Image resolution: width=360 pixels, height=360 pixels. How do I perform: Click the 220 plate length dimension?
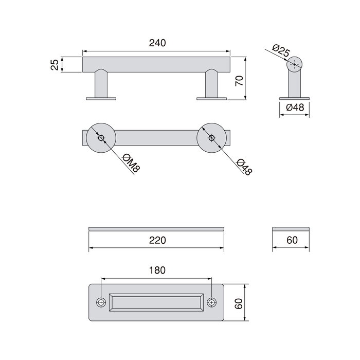coord(157,240)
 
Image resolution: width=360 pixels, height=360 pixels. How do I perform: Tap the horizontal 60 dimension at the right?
coord(291,240)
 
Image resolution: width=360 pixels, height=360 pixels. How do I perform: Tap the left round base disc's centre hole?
coord(101,137)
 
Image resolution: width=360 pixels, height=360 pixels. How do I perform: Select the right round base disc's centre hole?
coord(211,138)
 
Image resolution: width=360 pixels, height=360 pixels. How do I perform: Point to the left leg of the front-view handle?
coord(101,84)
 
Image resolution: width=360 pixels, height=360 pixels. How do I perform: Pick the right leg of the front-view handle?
coord(211,84)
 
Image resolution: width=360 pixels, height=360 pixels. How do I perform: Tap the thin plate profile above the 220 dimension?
coord(157,228)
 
